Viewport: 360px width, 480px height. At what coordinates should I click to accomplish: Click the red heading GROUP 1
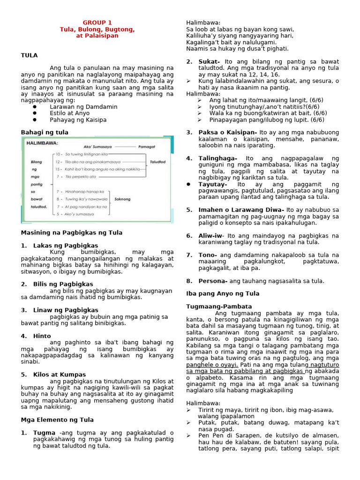coord(97,22)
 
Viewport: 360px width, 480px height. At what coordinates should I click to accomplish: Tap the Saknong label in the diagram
coord(123,198)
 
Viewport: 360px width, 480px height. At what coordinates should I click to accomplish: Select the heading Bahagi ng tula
coord(45,133)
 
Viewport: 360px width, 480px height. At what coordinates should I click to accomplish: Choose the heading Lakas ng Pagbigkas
coord(66,246)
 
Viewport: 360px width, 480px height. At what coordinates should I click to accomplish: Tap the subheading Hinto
coord(42,336)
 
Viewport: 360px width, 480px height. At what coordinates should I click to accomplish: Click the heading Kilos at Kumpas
coord(60,375)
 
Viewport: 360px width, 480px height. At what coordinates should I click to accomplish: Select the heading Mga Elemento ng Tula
coord(57,420)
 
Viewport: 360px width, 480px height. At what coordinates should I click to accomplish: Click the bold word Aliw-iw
coord(211,236)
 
